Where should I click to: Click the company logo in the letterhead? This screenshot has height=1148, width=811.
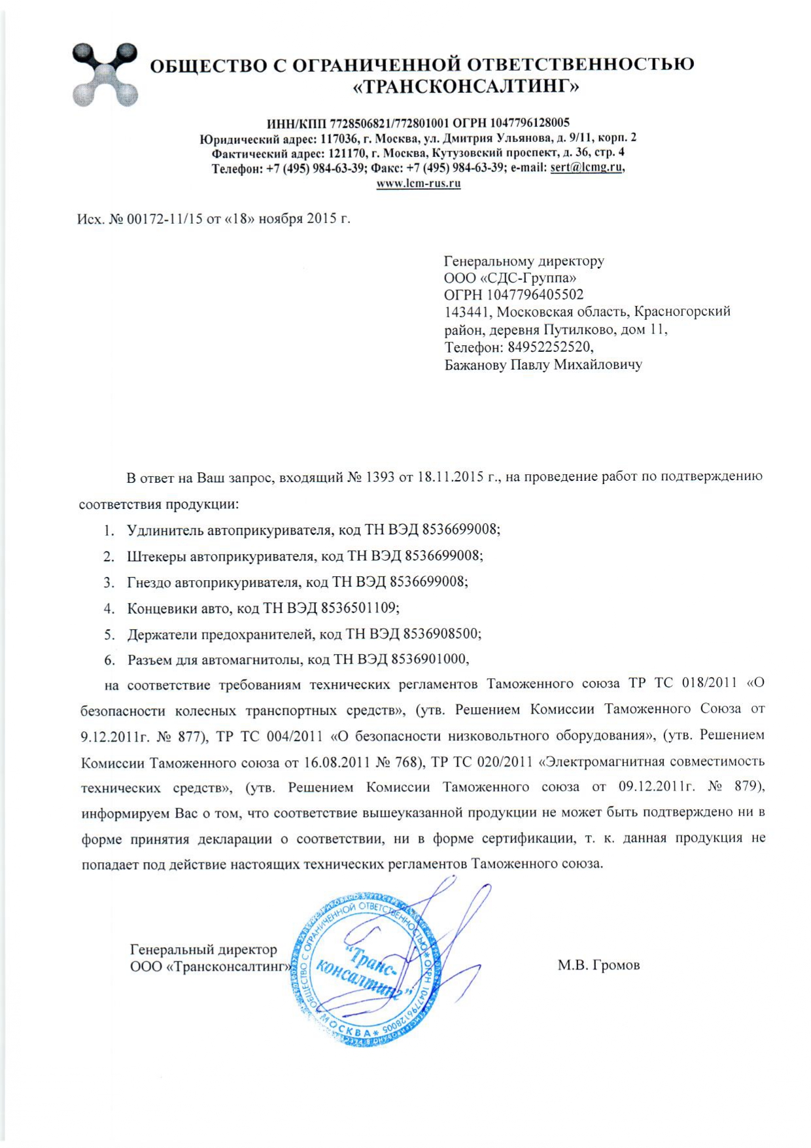105,74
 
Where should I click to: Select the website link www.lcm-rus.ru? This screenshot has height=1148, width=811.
419,184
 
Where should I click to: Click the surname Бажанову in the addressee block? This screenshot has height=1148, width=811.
475,364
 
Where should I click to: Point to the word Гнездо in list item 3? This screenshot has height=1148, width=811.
150,582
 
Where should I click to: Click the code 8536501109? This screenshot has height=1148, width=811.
359,608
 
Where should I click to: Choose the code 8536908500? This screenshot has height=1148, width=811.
441,634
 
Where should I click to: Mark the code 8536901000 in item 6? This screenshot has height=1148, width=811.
429,659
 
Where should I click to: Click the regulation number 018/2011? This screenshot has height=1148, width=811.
710,684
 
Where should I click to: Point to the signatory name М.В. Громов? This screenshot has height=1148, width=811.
598,965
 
